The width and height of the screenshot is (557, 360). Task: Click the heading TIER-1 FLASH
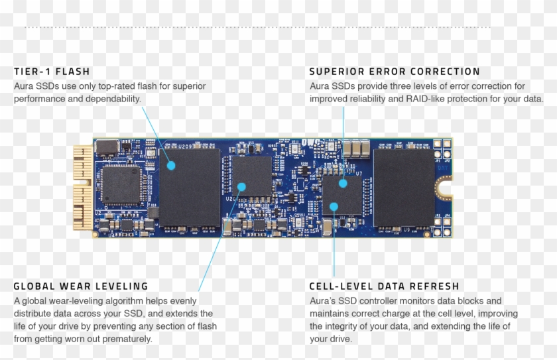tap(52, 72)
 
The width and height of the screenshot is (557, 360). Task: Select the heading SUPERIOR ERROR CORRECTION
tap(395, 72)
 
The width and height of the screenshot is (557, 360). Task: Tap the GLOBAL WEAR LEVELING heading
tap(81, 286)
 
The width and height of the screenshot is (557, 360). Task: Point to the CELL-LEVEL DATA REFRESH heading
tap(384, 286)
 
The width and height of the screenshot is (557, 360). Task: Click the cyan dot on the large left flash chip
tap(170, 166)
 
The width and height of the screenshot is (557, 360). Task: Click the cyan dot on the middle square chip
tap(241, 187)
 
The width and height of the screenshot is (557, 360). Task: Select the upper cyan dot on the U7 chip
tap(343, 184)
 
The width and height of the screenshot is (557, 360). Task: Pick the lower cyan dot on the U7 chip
tap(334, 207)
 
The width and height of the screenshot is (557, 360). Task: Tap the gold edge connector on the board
tap(82, 188)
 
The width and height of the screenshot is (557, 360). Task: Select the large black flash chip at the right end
tap(404, 188)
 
